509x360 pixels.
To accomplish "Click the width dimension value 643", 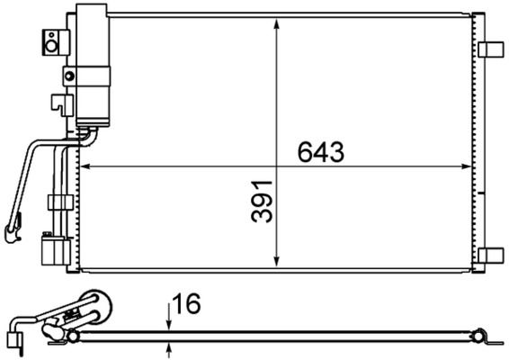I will click(x=321, y=153).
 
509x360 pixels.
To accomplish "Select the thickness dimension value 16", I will click(x=188, y=305).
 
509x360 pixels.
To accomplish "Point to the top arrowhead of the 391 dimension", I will click(x=278, y=22).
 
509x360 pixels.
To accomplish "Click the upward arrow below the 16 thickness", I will click(x=168, y=347).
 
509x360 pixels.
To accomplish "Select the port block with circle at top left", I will click(x=55, y=40).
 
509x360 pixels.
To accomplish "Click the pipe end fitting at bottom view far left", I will click(x=12, y=339).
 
